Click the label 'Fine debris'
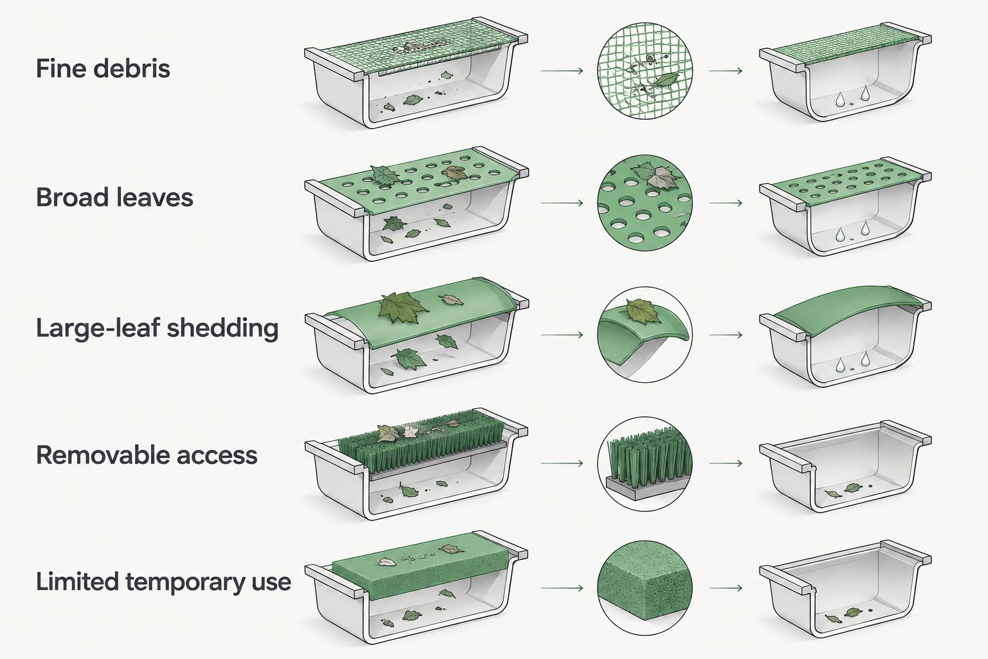103,68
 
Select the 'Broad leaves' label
114,197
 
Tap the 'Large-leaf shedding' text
157,328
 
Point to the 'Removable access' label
147,455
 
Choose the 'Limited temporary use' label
163,581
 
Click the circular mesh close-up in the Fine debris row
645,71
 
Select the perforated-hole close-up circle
645,203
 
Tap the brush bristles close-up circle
645,463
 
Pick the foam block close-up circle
645,588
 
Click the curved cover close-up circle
645,335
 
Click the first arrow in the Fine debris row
562,71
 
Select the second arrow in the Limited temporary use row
726,588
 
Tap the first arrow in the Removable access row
562,463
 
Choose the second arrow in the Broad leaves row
726,203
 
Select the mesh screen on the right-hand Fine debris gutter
848,47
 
